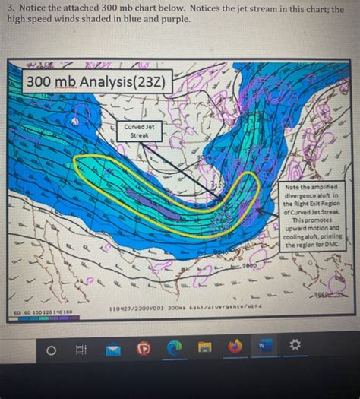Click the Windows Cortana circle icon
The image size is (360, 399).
click(52, 350)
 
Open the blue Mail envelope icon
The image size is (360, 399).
click(113, 350)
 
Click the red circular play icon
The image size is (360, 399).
click(144, 350)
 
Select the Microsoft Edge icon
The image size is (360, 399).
click(173, 350)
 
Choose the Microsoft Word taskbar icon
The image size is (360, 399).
click(263, 348)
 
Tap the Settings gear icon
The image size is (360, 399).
click(293, 349)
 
